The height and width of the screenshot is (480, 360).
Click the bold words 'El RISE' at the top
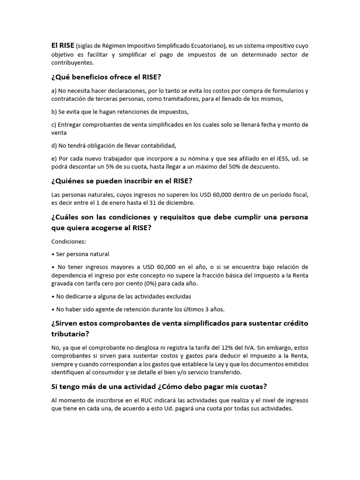63,45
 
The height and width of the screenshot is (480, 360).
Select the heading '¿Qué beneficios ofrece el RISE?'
109,77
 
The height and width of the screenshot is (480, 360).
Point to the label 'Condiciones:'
69,241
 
